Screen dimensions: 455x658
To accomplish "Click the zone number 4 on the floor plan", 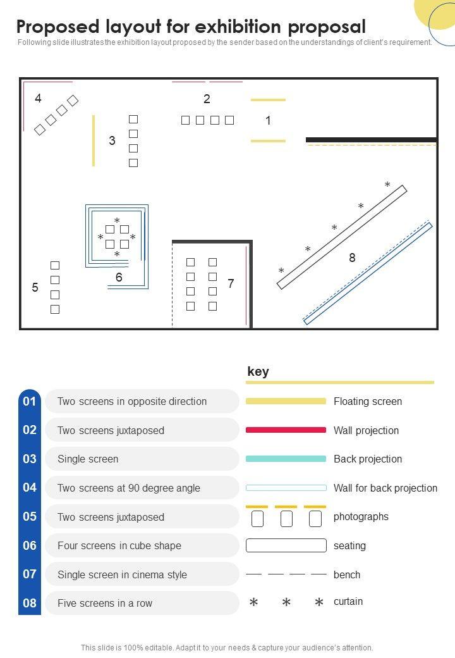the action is click(38, 98).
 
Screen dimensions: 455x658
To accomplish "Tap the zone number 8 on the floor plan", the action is click(353, 258).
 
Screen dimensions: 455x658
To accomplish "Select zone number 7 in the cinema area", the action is click(231, 283).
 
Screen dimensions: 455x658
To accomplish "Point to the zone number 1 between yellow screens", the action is click(268, 120).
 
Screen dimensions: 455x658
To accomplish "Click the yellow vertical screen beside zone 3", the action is click(94, 140).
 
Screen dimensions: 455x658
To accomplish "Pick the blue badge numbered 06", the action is click(30, 545).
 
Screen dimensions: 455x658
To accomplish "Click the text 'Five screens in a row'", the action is click(105, 603).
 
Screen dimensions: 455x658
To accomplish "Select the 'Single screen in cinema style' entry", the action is click(122, 574).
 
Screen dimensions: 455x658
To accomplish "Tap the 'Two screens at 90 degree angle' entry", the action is click(129, 488).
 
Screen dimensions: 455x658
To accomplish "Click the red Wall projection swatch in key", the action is click(286, 430).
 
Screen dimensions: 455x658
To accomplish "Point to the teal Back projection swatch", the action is click(286, 459).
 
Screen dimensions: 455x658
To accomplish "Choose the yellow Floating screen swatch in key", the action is click(286, 401).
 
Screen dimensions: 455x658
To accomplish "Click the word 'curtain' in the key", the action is click(348, 601).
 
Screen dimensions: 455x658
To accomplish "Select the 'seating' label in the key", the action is click(350, 545).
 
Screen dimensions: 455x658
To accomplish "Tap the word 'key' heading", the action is click(258, 371).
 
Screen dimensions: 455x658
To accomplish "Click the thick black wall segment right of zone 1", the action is click(372, 140).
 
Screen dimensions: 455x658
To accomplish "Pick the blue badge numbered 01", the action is click(30, 402).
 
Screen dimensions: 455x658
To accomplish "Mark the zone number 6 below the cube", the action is click(119, 277).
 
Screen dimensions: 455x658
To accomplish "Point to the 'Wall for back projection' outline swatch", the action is click(286, 488).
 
